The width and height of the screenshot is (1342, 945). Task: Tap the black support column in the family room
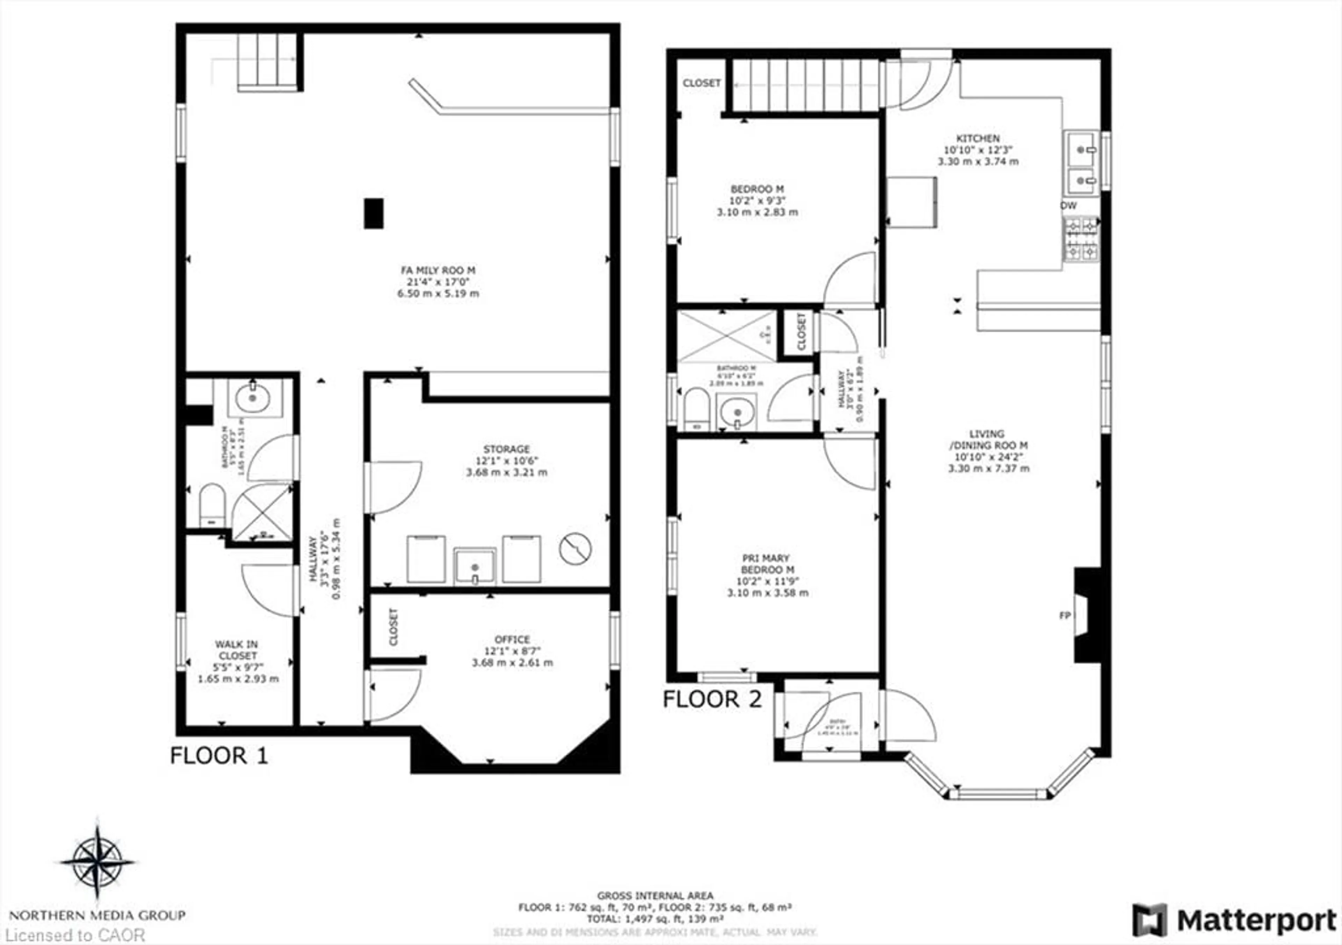pos(374,213)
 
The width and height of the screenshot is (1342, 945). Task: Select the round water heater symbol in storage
pos(575,549)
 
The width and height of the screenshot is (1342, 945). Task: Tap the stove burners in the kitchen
pos(1081,238)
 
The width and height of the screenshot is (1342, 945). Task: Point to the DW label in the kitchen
pos(1068,206)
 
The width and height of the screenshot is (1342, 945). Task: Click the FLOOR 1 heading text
pos(219,756)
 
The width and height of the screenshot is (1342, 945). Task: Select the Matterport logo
pos(1234,921)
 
